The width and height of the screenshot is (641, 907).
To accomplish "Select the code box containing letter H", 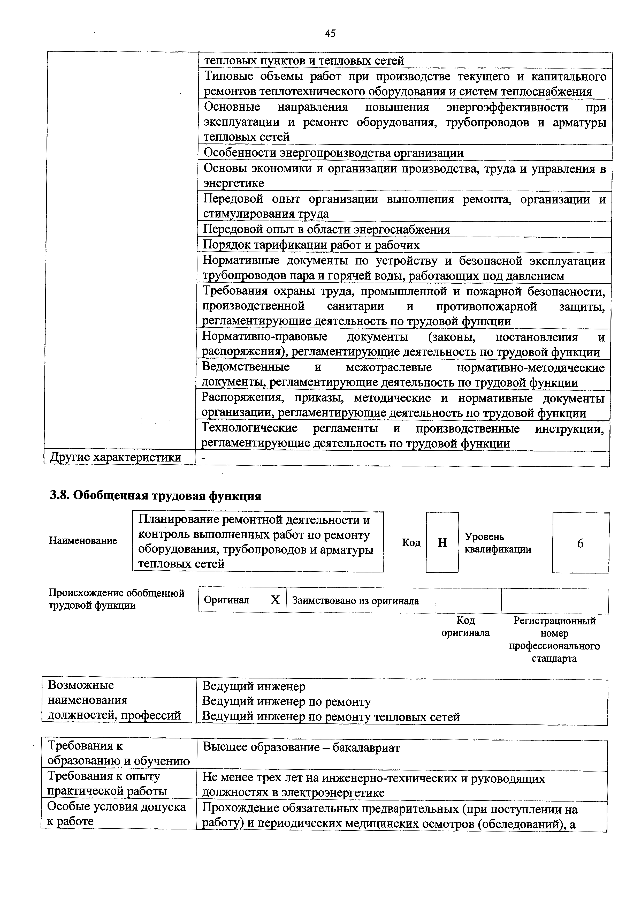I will click(x=442, y=543).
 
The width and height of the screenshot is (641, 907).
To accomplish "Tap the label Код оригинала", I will click(x=465, y=626).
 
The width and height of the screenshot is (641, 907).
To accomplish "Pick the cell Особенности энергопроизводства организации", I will click(x=333, y=153).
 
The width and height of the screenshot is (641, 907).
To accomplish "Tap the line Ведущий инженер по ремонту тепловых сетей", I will click(x=331, y=717).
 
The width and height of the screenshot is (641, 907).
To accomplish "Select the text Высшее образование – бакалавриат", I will click(x=301, y=747).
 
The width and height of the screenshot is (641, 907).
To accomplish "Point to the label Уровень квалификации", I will click(x=498, y=543).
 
